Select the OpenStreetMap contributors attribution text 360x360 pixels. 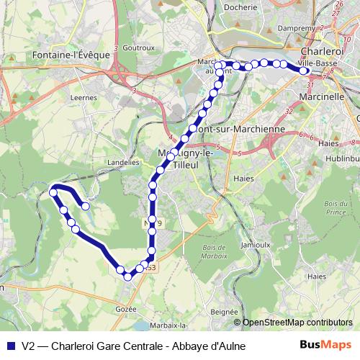click(x=297, y=323)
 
